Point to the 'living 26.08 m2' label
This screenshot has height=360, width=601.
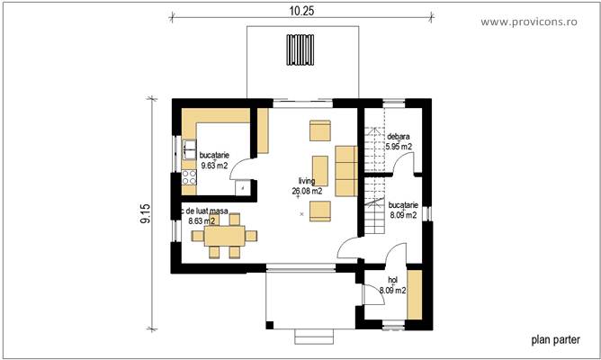309,185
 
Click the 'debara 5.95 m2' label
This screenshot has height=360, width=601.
399,142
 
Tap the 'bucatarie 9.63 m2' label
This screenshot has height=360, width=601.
214,160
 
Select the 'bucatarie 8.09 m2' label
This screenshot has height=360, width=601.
403,211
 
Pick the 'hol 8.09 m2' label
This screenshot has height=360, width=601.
392,285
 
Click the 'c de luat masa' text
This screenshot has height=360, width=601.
205,212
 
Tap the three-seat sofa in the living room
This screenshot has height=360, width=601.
345,169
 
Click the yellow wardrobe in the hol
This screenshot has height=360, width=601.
414,293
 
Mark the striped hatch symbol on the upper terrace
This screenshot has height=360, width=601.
300,46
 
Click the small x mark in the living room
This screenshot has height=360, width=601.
302,212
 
